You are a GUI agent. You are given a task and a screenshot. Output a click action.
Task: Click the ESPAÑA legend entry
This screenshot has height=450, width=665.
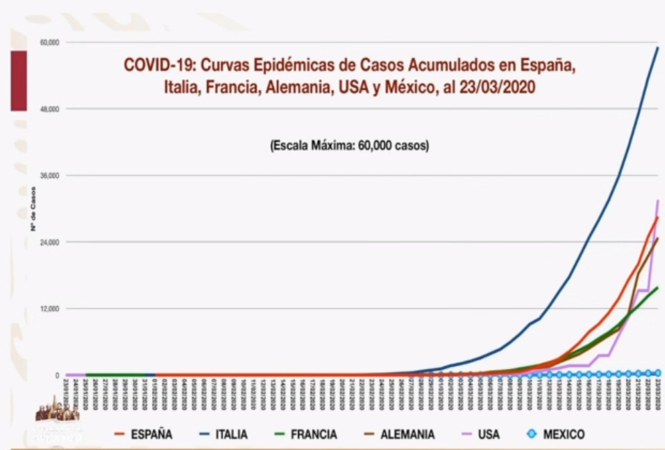pyautogui.click(x=143, y=435)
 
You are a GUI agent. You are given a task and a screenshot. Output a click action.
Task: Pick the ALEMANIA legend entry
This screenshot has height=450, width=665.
pyautogui.click(x=396, y=435)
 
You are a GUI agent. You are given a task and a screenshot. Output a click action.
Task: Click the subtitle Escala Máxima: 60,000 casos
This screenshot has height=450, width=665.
pyautogui.click(x=349, y=145)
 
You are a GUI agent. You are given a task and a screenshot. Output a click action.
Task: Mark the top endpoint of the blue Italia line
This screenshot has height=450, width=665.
pyautogui.click(x=658, y=48)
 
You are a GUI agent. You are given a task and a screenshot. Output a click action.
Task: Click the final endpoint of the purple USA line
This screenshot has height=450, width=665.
pyautogui.click(x=658, y=201)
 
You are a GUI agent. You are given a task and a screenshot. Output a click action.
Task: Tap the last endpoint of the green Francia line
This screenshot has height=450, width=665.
pyautogui.click(x=658, y=288)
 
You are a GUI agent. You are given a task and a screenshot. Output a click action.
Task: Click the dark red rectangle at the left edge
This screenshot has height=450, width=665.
pyautogui.click(x=18, y=80)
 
